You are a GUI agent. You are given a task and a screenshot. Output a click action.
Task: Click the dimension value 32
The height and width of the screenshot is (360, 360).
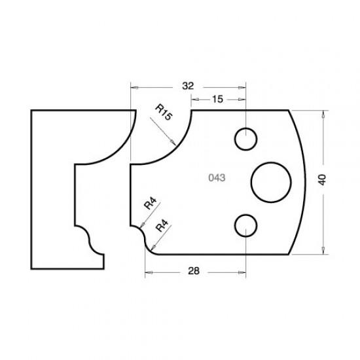188,86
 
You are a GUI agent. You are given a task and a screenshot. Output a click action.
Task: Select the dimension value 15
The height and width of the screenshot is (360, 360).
218,99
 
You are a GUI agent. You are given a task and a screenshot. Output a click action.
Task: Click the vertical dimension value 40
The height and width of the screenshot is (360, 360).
321,178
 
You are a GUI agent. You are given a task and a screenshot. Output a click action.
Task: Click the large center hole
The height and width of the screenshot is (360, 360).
271,181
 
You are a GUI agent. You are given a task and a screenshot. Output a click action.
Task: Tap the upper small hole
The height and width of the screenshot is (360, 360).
246,139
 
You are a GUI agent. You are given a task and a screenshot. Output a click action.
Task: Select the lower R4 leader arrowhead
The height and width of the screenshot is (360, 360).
151,247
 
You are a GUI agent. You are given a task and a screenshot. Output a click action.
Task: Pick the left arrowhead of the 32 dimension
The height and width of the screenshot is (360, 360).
134,86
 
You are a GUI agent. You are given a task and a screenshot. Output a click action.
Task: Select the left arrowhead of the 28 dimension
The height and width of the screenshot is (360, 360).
147,269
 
